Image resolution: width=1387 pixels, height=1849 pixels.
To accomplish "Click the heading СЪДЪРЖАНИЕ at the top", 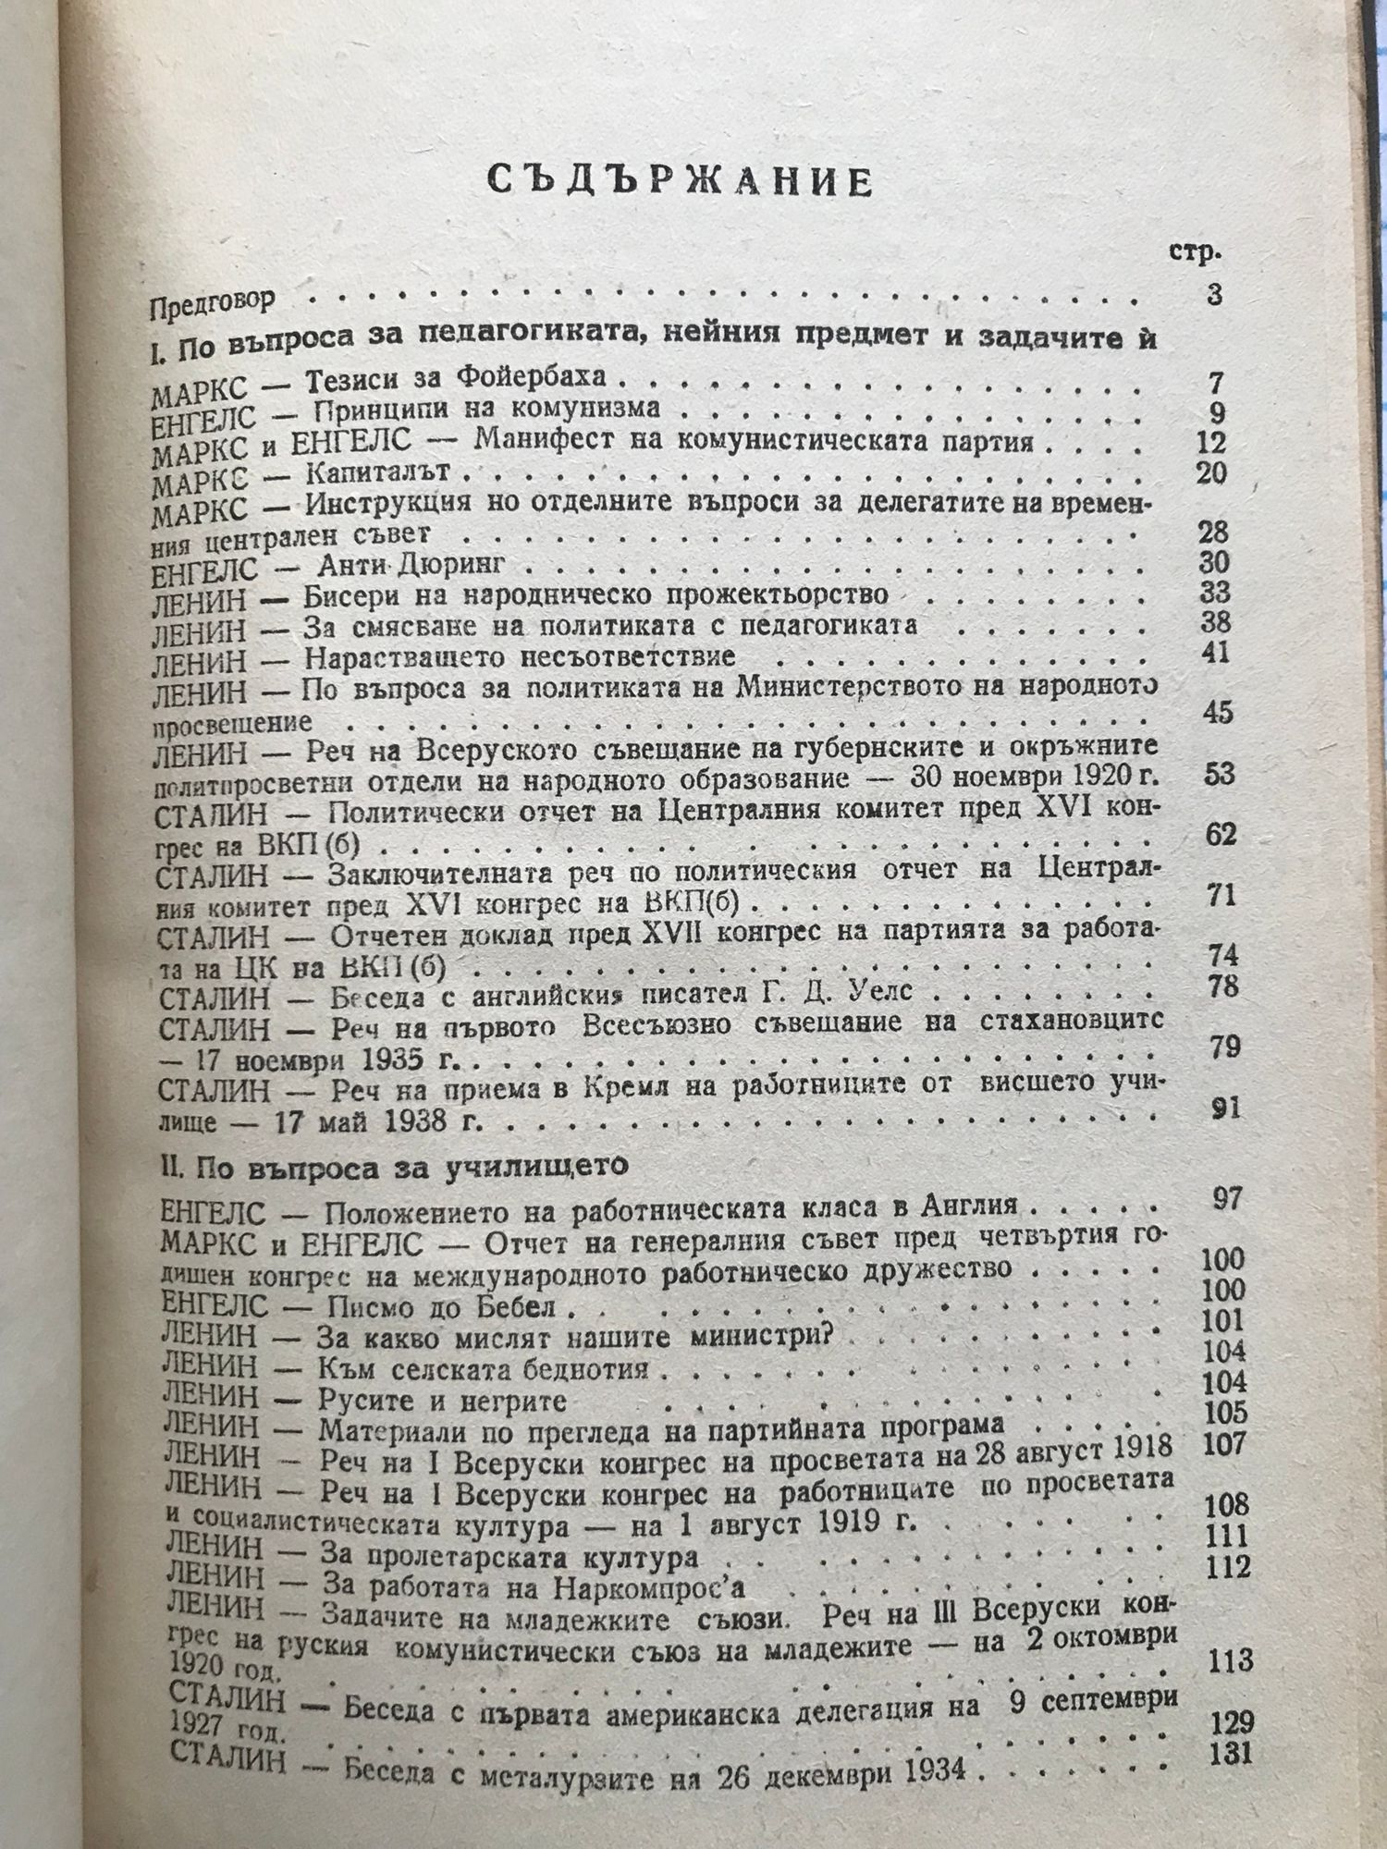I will (681, 182).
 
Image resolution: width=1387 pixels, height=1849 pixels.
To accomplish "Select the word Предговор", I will (213, 302).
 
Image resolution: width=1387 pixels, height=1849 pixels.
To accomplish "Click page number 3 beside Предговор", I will (1214, 296).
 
